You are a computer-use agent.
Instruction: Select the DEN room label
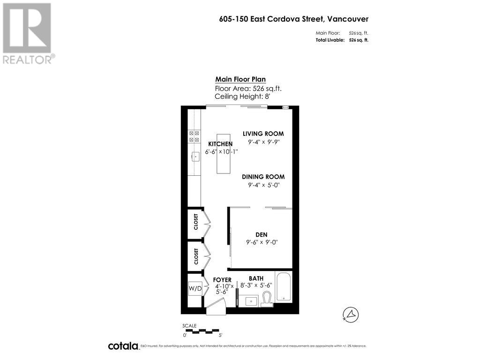pyautogui.click(x=262, y=234)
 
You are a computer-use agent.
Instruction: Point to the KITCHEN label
pyautogui.click(x=220, y=143)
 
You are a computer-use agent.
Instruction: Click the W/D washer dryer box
pyautogui.click(x=195, y=288)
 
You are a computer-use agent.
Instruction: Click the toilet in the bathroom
pyautogui.click(x=267, y=299)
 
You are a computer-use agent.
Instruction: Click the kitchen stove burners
pyautogui.click(x=194, y=136)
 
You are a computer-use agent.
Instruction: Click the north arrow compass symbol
pyautogui.click(x=351, y=314)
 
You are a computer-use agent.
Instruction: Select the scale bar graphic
pyautogui.click(x=202, y=331)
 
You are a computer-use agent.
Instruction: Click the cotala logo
pyautogui.click(x=123, y=346)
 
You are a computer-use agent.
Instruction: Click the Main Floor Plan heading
pyautogui.click(x=240, y=79)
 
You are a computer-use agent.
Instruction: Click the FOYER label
pyautogui.click(x=222, y=280)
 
